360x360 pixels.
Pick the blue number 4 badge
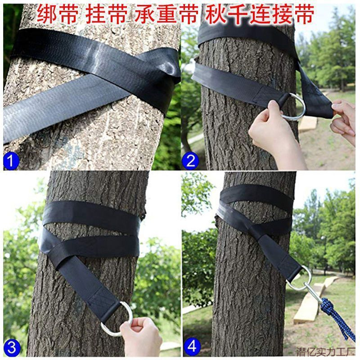(193, 347)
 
